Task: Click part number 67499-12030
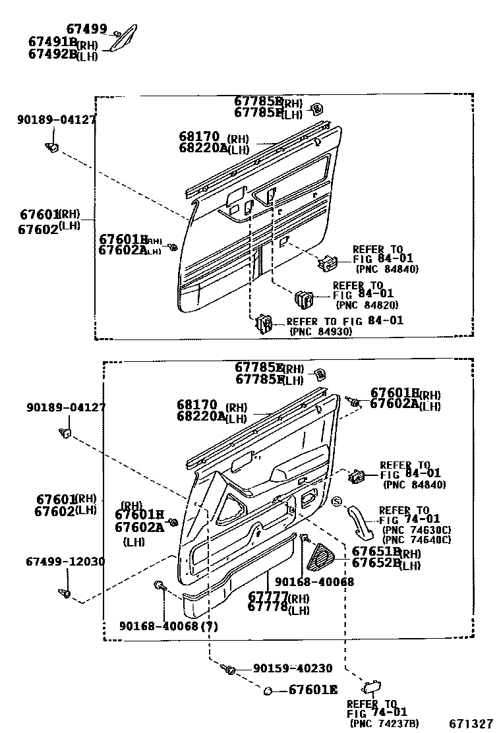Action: pyautogui.click(x=65, y=561)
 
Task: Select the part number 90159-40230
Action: pyautogui.click(x=293, y=668)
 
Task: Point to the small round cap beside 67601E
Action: pyautogui.click(x=269, y=691)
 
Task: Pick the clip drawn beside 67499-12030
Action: pyautogui.click(x=66, y=593)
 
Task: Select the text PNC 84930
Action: pyautogui.click(x=321, y=332)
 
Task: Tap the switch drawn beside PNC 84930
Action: pyautogui.click(x=264, y=324)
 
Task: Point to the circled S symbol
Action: pyautogui.click(x=336, y=502)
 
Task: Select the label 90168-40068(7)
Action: pyautogui.click(x=169, y=626)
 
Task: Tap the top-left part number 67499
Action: pyautogui.click(x=86, y=28)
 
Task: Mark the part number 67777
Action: pyautogui.click(x=269, y=597)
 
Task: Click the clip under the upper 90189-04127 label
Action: pyautogui.click(x=52, y=146)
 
